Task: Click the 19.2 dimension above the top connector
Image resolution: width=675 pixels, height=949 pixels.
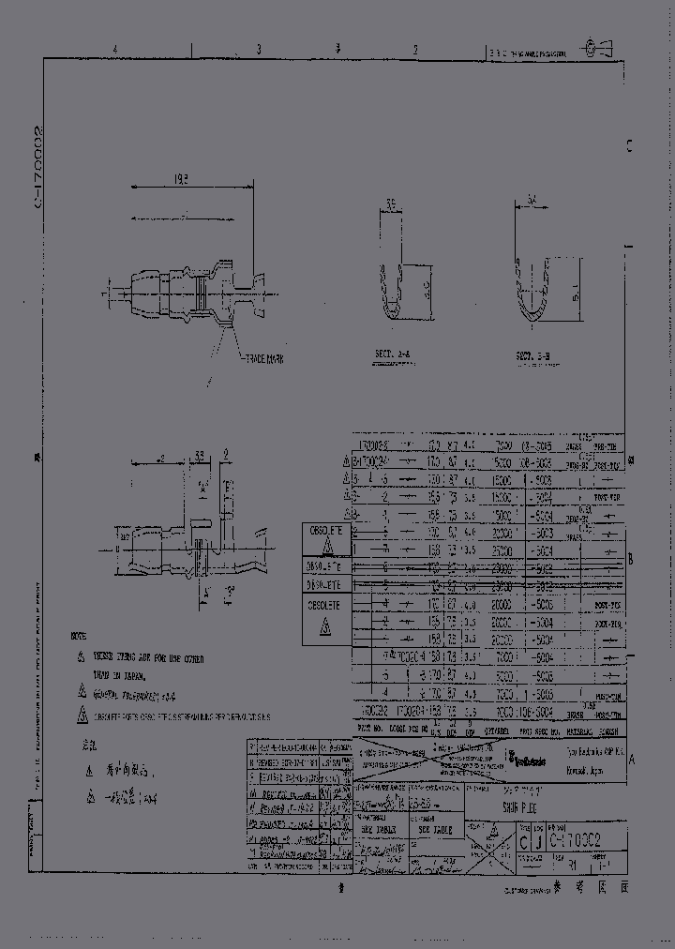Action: [x=182, y=178]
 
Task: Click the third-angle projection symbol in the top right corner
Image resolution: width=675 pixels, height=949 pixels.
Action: [x=594, y=44]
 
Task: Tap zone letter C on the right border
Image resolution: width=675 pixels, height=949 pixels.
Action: [x=629, y=146]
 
